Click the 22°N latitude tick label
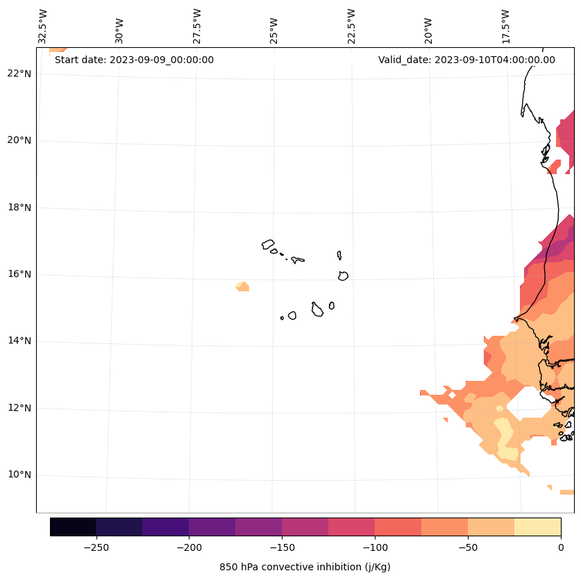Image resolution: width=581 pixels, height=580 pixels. tap(18, 74)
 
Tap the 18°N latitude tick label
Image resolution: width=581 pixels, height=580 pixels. tap(18, 207)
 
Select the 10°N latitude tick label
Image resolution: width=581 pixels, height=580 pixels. tap(18, 475)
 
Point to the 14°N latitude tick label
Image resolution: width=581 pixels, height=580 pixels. tap(18, 341)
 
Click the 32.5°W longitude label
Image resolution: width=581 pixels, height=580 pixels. tap(43, 26)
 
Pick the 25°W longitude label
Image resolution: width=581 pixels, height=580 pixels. tap(274, 29)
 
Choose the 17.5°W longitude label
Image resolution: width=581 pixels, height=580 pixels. tap(505, 26)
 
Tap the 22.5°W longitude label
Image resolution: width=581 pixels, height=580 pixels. tap(351, 26)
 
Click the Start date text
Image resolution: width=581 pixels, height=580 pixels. tap(134, 60)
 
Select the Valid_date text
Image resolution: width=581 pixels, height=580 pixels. tap(466, 60)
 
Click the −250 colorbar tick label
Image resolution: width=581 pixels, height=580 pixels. tap(96, 547)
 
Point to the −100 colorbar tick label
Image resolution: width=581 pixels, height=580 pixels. tap(375, 547)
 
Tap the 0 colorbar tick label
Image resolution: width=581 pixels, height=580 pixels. tap(560, 547)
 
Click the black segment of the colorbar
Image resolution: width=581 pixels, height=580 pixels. tap(73, 527)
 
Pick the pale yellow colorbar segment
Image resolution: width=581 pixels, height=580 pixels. tap(537, 527)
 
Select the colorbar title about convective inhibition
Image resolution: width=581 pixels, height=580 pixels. tap(305, 567)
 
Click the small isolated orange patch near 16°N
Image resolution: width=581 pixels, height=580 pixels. tap(242, 286)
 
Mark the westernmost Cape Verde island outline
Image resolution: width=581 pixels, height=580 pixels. tap(268, 244)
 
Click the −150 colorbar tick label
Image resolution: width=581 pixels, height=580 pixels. tap(282, 547)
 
